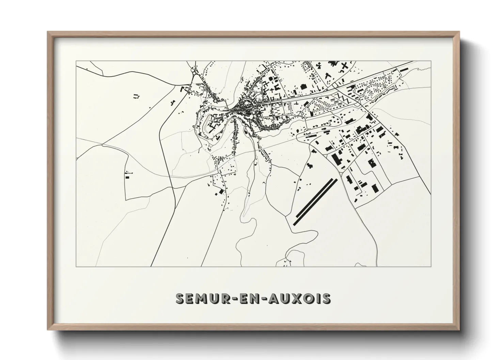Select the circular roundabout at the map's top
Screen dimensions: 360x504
194,72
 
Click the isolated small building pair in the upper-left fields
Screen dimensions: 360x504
137,96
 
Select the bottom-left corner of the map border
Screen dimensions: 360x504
76,266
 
